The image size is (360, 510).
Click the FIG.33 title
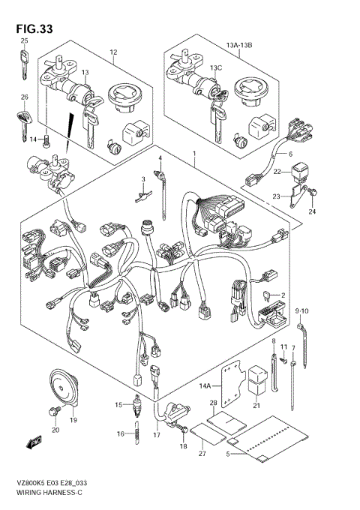click(34, 29)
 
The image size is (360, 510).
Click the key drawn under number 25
click(24, 64)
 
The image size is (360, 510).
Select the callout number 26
click(25, 97)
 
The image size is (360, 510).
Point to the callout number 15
click(118, 404)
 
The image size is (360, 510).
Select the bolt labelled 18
click(184, 430)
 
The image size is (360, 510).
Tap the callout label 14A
click(205, 386)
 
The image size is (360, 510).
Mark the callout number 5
click(228, 454)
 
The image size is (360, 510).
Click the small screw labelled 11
click(283, 360)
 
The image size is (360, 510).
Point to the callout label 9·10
click(301, 311)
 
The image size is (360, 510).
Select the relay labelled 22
click(300, 173)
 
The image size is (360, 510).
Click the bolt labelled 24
click(313, 193)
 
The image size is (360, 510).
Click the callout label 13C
click(216, 68)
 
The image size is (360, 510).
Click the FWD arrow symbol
click(34, 442)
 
